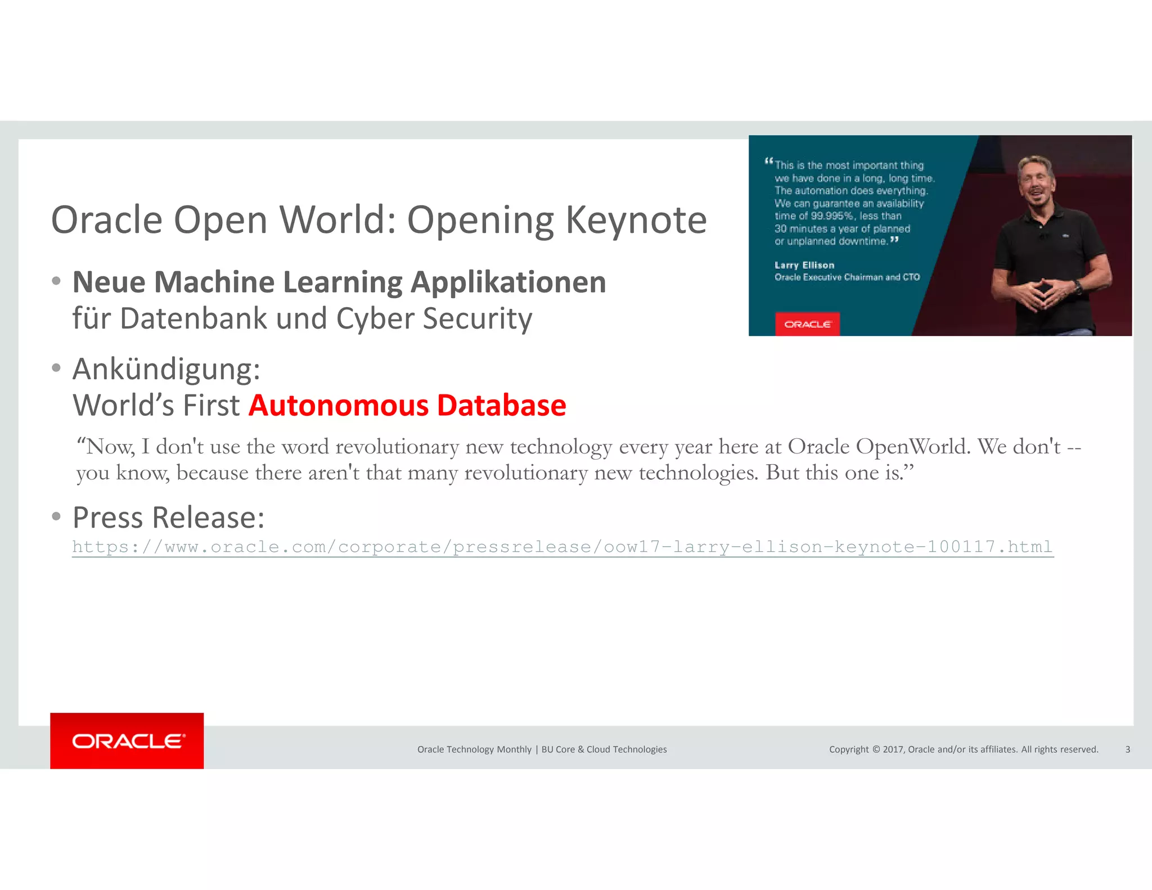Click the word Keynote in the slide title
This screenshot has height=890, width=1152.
click(636, 219)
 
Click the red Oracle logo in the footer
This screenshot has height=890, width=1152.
click(127, 741)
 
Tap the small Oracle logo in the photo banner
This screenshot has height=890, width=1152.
click(807, 324)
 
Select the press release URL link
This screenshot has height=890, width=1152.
click(562, 547)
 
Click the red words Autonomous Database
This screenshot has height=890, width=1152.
click(407, 405)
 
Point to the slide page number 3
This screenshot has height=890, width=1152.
click(1127, 749)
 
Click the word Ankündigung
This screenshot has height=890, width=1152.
click(166, 369)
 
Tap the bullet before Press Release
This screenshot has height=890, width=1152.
click(56, 516)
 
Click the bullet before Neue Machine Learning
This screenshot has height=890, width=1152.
click(56, 281)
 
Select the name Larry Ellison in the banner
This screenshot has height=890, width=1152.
click(804, 265)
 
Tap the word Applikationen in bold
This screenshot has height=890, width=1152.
click(508, 282)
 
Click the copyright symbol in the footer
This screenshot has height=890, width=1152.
click(876, 749)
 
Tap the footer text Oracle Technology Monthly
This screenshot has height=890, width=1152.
click(474, 749)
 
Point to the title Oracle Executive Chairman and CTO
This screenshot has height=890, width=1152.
click(847, 277)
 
